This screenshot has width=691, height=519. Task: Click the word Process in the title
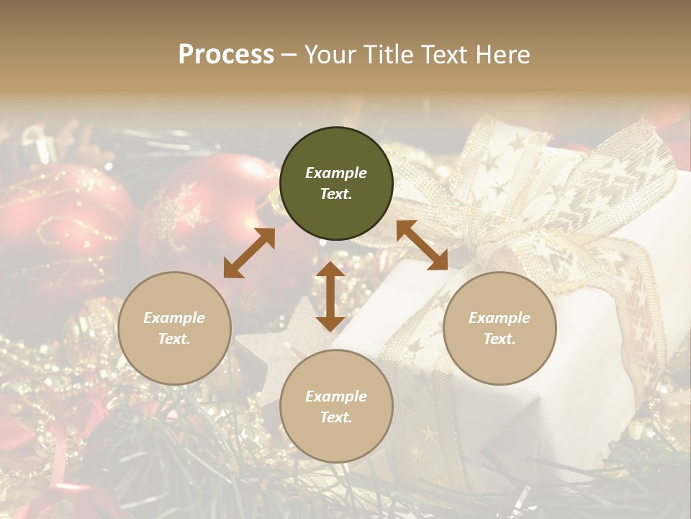226,55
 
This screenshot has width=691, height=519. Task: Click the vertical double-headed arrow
330,296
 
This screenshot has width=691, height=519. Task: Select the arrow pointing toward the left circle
249,253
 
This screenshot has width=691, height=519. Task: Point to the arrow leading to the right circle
422,245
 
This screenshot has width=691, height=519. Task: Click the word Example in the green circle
336,173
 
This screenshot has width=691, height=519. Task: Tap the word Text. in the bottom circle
336,417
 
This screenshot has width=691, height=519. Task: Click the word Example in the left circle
174,318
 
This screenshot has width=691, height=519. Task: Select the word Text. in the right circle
500,339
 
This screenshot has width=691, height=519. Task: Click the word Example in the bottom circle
336,396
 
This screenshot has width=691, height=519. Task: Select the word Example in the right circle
500,318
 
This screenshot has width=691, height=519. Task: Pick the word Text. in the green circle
336,194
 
